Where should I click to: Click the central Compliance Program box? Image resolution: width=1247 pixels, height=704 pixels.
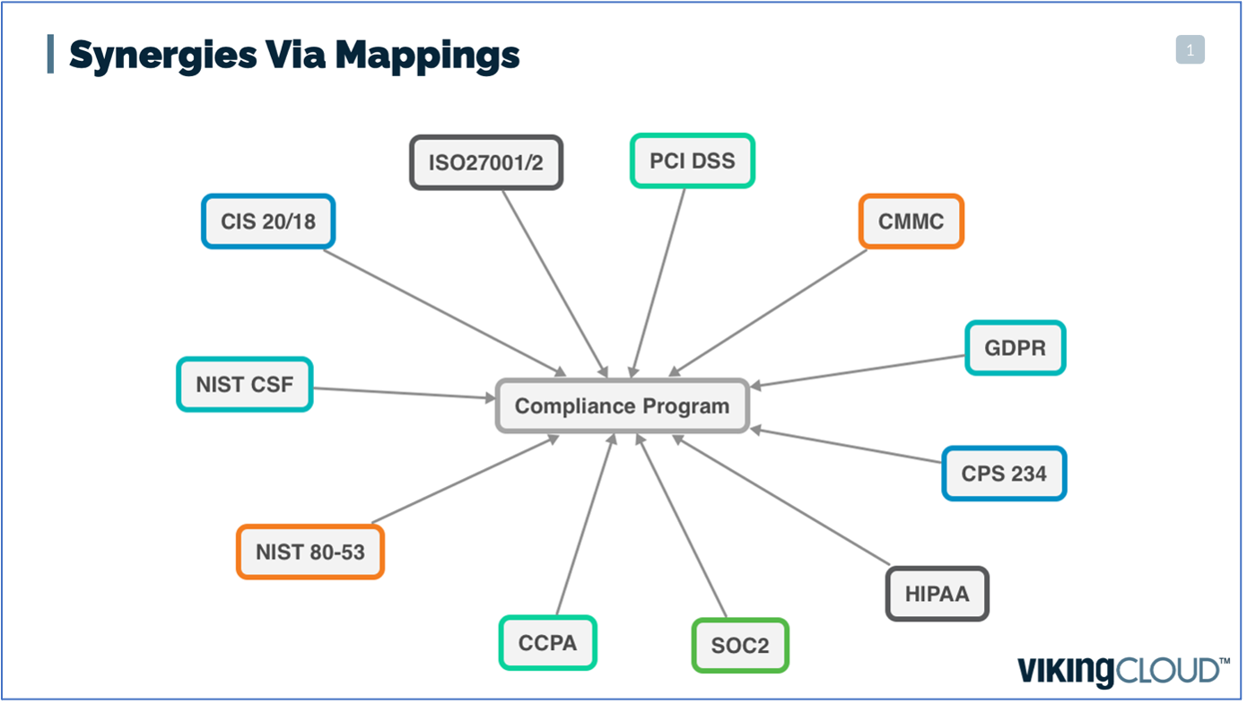point(622,406)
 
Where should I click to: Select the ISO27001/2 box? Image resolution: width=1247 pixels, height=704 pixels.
point(485,162)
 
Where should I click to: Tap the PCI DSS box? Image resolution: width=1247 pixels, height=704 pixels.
point(692,161)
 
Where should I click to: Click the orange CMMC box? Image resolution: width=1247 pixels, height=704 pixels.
point(911,222)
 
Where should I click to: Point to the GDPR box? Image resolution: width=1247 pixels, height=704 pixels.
point(1015,348)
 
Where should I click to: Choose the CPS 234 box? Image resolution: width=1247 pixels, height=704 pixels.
point(1004,473)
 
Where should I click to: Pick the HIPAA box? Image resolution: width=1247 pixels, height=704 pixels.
point(937,594)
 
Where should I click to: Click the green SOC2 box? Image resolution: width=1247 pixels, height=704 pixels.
point(739,646)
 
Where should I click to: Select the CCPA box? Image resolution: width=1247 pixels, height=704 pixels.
point(547,643)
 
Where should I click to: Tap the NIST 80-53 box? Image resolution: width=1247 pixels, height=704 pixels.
point(310,552)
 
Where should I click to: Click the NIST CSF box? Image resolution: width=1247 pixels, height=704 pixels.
point(244,385)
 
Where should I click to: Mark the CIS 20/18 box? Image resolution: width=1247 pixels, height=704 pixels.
point(267,222)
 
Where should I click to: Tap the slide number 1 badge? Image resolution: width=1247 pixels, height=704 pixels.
point(1190,50)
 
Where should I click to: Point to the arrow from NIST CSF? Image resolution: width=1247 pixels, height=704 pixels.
point(404,393)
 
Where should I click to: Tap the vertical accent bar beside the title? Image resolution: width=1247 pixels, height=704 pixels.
point(50,54)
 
